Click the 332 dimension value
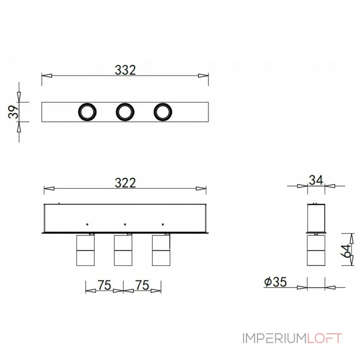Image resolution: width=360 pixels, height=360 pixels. pos(125,70)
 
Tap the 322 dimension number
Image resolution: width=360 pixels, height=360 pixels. pos(125,183)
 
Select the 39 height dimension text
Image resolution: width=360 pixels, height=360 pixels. pos(13,112)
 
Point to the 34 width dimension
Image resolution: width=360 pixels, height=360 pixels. pos(316,180)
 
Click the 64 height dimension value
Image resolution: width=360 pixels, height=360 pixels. pos(346,251)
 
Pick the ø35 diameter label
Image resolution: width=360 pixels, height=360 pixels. pos(275,282)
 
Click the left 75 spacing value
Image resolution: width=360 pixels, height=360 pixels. pos(104,285)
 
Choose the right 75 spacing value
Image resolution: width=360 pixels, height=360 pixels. pos(142,285)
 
